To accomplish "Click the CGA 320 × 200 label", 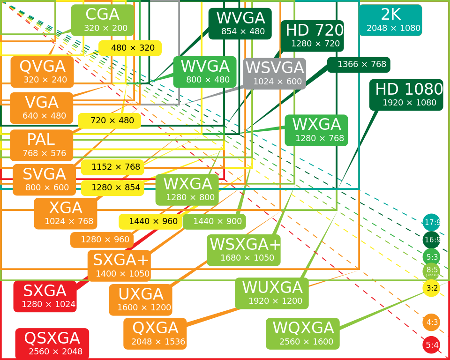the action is (x=103, y=20).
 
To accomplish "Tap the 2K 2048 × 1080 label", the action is (x=390, y=20).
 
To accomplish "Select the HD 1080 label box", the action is (x=406, y=95).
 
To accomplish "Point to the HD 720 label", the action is (x=312, y=36).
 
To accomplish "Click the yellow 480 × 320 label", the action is (x=130, y=48).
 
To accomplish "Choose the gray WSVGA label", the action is (x=275, y=74).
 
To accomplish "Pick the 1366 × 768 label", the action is (x=359, y=65).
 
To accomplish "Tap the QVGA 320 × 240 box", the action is (x=42, y=72).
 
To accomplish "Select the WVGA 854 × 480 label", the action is (x=240, y=24).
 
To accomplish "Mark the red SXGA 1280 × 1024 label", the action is (x=45, y=297).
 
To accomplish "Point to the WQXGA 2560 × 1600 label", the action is (x=303, y=334).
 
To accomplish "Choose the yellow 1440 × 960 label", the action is (x=150, y=222).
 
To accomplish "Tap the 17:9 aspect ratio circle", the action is (x=431, y=222).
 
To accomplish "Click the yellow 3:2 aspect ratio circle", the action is (x=431, y=288).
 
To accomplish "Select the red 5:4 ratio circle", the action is (x=431, y=345).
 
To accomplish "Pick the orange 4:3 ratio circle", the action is (x=431, y=322).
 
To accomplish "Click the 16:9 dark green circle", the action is (x=431, y=240).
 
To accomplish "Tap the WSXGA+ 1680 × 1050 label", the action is (x=244, y=250).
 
